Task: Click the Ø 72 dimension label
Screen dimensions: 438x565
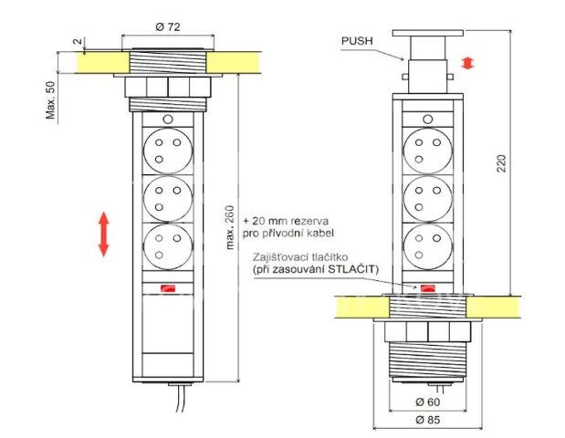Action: coord(167,26)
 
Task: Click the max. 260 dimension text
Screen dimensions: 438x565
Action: coord(228,219)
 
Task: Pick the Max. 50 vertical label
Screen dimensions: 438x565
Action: coord(50,99)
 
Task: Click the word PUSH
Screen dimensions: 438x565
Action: coord(358,41)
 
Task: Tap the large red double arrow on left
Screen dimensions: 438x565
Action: coord(104,234)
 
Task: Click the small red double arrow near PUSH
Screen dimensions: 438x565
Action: coord(468,63)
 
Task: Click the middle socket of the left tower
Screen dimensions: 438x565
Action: coord(167,197)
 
